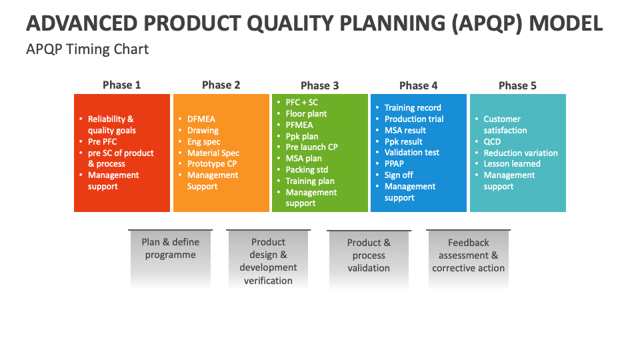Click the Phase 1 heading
click(121, 85)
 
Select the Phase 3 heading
click(319, 85)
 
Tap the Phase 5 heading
click(517, 85)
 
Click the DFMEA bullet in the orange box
click(201, 119)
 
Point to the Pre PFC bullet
click(102, 142)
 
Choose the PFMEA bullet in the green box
click(299, 125)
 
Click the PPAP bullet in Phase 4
click(394, 164)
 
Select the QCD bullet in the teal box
click(492, 142)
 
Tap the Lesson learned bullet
click(511, 164)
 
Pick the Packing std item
click(307, 170)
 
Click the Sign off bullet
click(399, 175)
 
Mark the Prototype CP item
click(211, 164)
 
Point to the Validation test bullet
click(411, 153)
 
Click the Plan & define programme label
click(170, 249)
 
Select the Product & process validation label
click(369, 255)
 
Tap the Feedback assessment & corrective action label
click(468, 255)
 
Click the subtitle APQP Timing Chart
click(87, 49)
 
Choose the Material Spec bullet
click(213, 153)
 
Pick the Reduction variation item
click(520, 153)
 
